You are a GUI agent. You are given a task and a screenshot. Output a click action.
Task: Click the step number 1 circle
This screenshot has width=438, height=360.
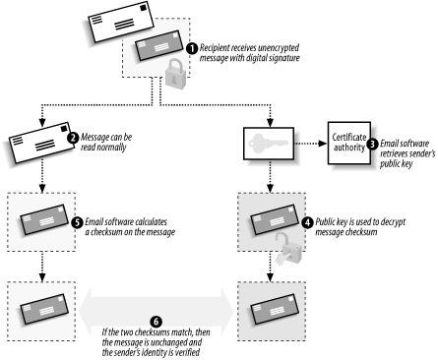192,48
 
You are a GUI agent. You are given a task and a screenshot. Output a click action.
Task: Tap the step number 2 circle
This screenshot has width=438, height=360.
73,138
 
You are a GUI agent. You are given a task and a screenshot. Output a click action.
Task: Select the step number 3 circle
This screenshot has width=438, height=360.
372,144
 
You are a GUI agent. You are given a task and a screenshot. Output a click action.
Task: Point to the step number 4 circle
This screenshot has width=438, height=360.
307,222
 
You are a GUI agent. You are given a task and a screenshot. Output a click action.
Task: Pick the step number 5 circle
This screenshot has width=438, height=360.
77,222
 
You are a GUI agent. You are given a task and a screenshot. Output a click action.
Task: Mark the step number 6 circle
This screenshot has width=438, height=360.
156,322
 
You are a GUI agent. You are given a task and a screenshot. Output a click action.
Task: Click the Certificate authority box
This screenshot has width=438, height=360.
349,143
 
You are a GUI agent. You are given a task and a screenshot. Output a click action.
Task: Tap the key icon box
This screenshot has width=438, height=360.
269,144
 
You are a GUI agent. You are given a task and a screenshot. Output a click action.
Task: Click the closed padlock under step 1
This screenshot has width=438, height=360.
175,74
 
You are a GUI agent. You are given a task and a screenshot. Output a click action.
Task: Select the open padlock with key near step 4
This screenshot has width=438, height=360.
287,249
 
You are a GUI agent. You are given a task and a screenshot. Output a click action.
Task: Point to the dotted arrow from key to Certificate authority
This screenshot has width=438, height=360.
311,144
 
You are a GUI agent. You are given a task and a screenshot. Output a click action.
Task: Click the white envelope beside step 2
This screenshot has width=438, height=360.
42,143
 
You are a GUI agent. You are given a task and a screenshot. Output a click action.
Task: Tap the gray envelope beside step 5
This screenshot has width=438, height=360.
44,219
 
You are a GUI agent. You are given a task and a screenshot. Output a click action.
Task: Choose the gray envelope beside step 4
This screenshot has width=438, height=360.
275,219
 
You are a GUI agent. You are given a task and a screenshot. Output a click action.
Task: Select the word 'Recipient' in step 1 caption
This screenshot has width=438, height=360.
215,48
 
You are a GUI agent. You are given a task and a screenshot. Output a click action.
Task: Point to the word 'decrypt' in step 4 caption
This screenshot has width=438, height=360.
393,222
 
